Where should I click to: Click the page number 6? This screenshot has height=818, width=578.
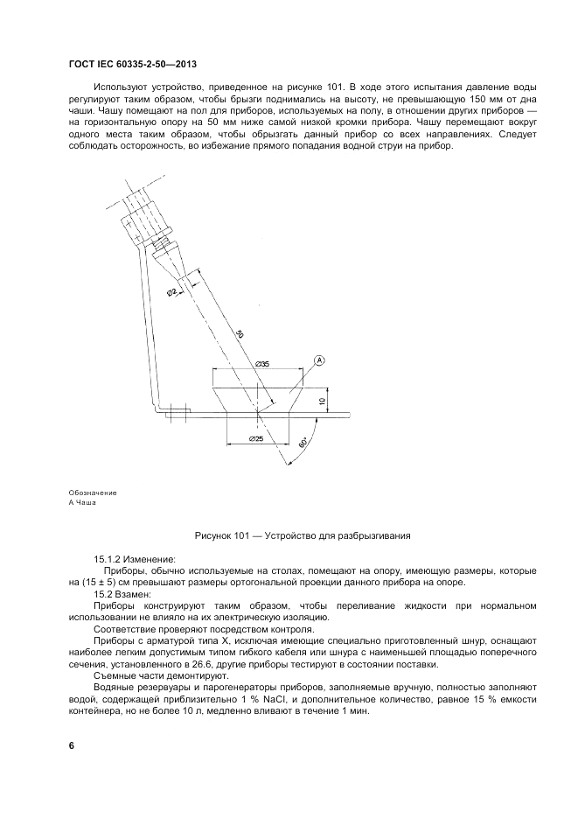71,745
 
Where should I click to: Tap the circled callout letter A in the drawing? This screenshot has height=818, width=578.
319,360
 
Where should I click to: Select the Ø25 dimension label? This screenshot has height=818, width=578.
256,437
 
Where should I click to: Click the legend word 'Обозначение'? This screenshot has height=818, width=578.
92,493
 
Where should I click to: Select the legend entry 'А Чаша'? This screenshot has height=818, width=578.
81,504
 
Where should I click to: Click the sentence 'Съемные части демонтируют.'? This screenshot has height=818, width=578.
148,675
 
